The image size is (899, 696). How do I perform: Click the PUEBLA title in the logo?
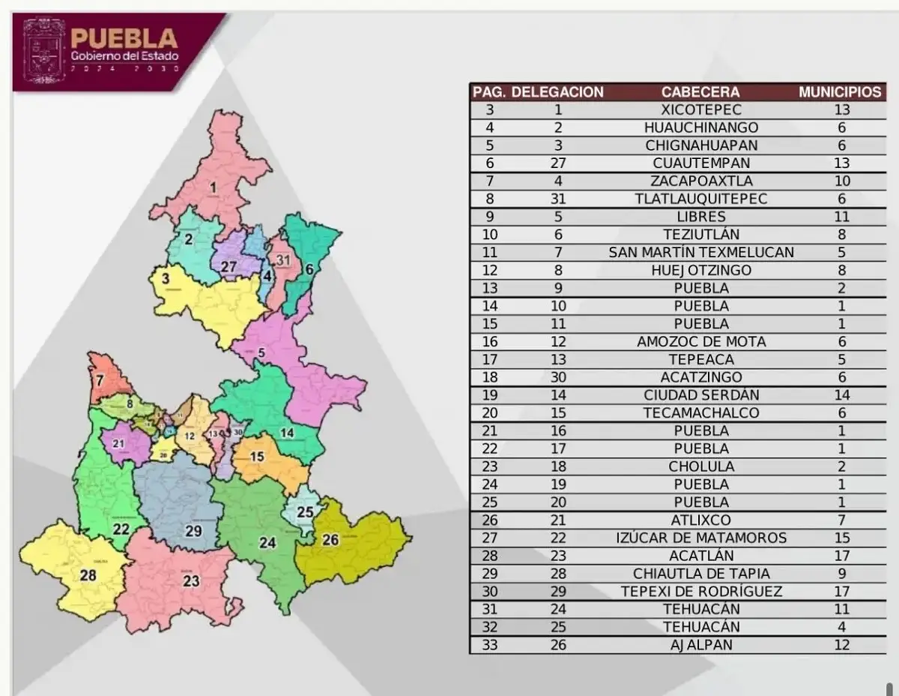124,38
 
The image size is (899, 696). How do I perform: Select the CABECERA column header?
700,92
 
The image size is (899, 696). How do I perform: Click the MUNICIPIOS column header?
840,92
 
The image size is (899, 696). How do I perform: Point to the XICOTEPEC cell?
700,109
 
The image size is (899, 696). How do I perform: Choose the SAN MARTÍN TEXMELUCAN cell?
700,252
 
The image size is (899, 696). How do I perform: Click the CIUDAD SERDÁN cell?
700,395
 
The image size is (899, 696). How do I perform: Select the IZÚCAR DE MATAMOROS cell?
700,538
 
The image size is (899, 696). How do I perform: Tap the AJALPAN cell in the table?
700,645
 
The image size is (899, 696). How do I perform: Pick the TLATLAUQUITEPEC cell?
700,199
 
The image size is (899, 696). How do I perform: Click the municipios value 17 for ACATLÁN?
841,556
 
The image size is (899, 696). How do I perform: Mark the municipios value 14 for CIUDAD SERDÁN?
841,395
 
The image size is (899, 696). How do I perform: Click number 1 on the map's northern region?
214,187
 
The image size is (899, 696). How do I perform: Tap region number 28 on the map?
88,575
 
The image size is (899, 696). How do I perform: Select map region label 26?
330,539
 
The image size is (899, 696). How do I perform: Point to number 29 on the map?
193,531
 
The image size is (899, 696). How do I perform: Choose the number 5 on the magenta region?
261,352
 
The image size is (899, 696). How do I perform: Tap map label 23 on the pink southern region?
191,580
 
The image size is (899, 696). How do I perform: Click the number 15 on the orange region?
257,457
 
